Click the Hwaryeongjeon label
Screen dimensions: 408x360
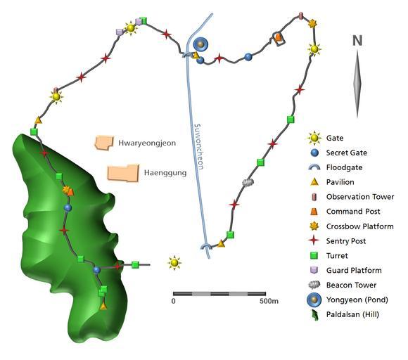click(147, 143)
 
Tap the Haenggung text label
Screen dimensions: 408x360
click(165, 173)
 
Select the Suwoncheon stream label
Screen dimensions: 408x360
click(198, 146)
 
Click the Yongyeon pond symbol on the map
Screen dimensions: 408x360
click(200, 44)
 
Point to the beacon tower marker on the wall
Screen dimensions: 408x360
click(248, 182)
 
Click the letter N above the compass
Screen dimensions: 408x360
click(357, 41)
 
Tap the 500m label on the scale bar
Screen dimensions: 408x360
click(269, 301)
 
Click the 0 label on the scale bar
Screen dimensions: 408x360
click(174, 301)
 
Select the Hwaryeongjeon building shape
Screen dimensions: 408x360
click(104, 143)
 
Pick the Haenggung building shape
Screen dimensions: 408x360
click(123, 173)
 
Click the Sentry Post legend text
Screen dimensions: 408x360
click(346, 241)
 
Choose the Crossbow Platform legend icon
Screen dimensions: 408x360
click(314, 226)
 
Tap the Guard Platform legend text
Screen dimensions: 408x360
click(354, 271)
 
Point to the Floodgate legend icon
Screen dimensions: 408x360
click(314, 167)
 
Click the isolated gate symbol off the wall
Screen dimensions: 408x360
click(174, 263)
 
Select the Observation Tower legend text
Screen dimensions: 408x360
click(360, 197)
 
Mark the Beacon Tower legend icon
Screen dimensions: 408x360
click(314, 285)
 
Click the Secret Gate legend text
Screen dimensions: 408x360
click(347, 153)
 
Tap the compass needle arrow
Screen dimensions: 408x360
click(357, 83)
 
